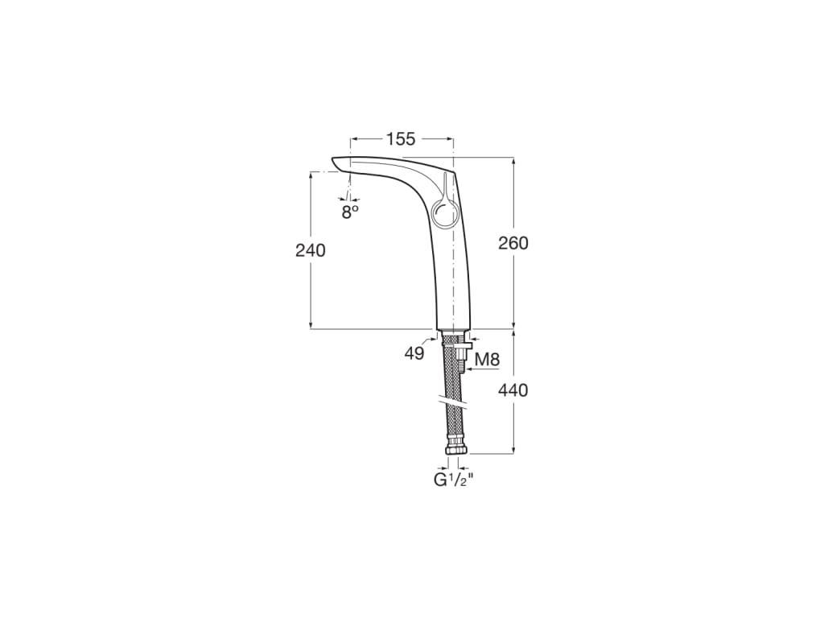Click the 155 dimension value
pos(400,139)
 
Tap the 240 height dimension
pos(311,250)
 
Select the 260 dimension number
pos(513,243)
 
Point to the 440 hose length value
pos(513,390)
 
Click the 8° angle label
pos(349,212)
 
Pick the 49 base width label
pos(414,353)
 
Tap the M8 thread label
pos(487,360)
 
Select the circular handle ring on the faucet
pos(444,214)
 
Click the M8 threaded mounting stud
pos(462,358)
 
